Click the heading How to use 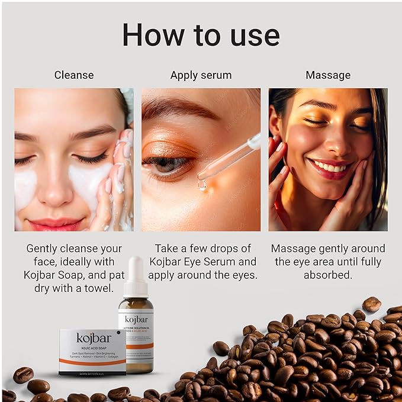pos(201,35)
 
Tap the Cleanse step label pos(74,75)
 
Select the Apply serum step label pos(201,75)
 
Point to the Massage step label pos(328,75)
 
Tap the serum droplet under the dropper pos(202,185)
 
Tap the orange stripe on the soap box pos(92,361)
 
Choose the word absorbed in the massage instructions pos(328,275)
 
